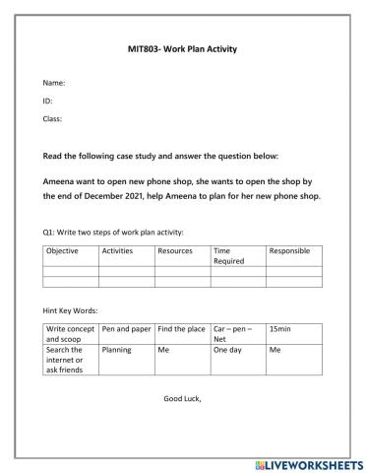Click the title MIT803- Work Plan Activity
[x=183, y=48]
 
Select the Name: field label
[x=53, y=84]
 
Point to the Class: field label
[x=53, y=119]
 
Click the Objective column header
[x=63, y=251]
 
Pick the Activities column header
[x=117, y=251]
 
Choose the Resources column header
[x=175, y=251]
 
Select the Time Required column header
[x=228, y=256]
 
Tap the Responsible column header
[x=288, y=251]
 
